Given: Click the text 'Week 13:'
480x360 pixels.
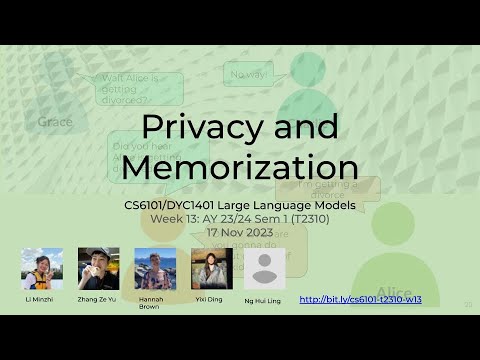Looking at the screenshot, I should tap(176, 218).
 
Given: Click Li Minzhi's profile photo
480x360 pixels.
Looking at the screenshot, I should tap(42, 269).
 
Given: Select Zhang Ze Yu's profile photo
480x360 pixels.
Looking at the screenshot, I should tap(99, 269).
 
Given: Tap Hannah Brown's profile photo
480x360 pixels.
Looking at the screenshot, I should tap(155, 269).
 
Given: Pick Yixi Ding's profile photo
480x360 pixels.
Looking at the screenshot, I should tap(212, 269).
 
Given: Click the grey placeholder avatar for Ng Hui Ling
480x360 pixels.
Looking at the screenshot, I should tap(265, 269).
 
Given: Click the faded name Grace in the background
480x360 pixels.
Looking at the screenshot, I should tap(56, 122).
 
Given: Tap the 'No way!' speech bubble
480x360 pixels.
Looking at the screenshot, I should tap(249, 74).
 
